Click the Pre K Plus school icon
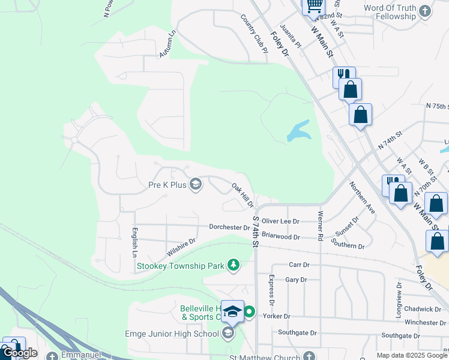click(195, 184)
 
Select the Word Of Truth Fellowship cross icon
click(425, 11)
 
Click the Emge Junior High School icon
click(228, 333)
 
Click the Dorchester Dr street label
click(229, 227)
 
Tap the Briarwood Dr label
click(280, 237)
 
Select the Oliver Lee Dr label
click(280, 221)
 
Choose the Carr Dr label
click(298, 265)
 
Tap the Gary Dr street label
click(296, 280)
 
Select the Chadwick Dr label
click(422, 309)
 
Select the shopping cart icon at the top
click(313, 6)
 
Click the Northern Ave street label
click(362, 198)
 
